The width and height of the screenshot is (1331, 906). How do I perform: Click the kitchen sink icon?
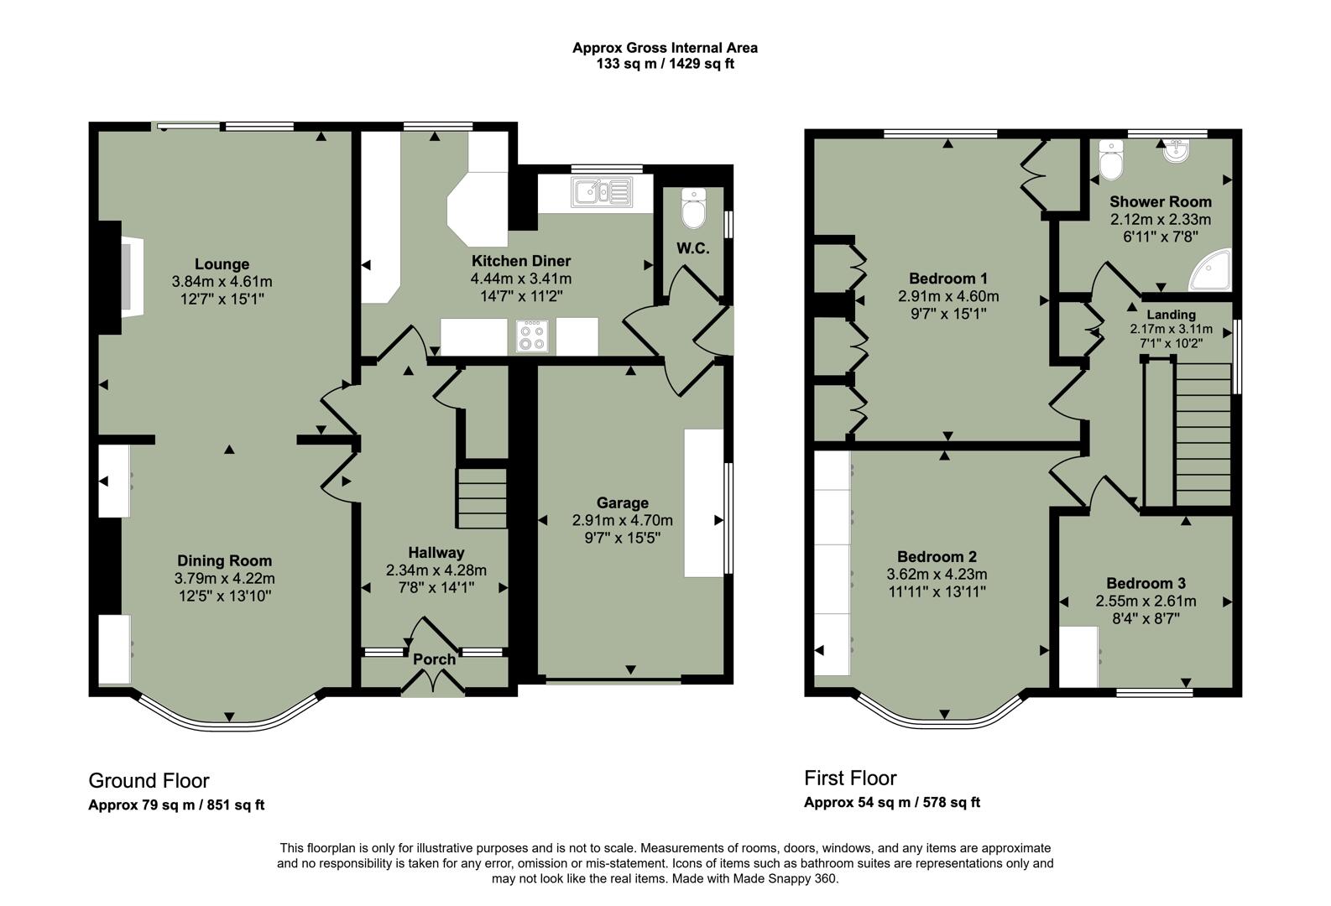coord(602,192)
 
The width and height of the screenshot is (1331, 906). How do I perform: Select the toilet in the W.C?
coord(694,210)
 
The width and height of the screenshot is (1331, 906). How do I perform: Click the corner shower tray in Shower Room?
coord(1211,270)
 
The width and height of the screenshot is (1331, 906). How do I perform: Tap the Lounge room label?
coord(222,264)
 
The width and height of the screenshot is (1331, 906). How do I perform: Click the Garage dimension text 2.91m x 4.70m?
coord(622,520)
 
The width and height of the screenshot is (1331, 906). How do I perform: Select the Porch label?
coord(434,659)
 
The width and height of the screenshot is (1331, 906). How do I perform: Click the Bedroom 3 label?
coord(1146,584)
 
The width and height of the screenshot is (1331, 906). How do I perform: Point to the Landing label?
coord(1171,315)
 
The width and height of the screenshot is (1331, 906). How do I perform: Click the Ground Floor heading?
coord(149,781)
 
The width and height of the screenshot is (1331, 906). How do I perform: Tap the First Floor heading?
coord(850,778)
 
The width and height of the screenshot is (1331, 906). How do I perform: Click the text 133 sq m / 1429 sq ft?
coord(665,64)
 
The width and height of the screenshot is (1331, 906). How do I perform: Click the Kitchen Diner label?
coord(520,261)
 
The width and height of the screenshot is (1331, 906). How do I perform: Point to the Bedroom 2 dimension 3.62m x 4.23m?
coord(937,575)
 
